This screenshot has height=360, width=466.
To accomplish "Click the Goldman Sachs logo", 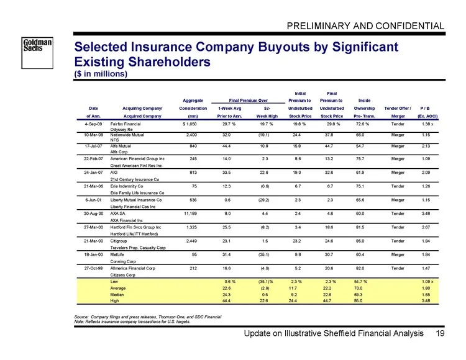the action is pos(37,53).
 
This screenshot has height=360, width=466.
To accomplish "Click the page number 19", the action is pos(440,333).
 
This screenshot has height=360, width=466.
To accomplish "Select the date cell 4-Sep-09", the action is pos(93,124).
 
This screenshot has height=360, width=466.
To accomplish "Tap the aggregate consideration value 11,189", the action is pos(191,214).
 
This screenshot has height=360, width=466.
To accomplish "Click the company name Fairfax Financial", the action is pos(126,124).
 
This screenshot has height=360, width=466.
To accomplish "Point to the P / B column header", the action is pos(425,109).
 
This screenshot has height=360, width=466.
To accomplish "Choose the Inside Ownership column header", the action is pos(364,109).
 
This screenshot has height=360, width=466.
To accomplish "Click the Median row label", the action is pos(117,295).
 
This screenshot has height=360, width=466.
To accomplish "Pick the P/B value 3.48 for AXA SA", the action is pos(426,214).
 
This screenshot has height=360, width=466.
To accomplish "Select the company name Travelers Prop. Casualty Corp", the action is pos(138,248).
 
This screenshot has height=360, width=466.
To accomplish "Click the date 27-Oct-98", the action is pos(93,268).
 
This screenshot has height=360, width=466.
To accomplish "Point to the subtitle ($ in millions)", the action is pos(101,74).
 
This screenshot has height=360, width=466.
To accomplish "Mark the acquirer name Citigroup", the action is pos(119,241).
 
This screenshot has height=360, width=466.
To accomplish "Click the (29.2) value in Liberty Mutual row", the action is pos(264,200).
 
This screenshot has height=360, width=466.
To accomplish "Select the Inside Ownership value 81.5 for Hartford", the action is pos(360,227).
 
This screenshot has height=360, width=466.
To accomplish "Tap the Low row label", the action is pos(114,282).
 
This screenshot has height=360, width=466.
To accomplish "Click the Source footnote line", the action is pos(148,317).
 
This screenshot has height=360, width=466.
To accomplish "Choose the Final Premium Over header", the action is pos(248,101).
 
